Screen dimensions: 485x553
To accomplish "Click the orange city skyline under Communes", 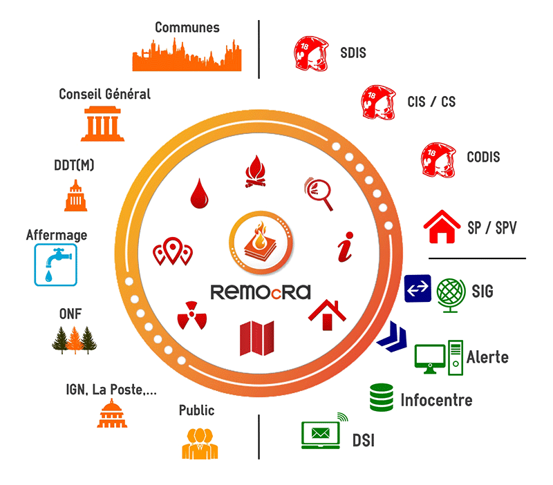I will tap(187, 57).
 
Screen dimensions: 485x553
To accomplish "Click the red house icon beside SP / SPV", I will tap(442, 227).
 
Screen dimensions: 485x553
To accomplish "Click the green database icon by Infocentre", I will tap(381, 397).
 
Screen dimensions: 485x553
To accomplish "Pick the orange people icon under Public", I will tap(200, 443).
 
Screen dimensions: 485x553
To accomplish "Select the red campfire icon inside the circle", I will tap(255, 172).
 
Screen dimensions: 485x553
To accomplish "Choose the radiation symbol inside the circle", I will tap(188, 314).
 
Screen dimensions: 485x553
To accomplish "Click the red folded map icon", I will tap(256, 338).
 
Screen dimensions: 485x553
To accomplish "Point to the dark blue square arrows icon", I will tap(418, 288).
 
